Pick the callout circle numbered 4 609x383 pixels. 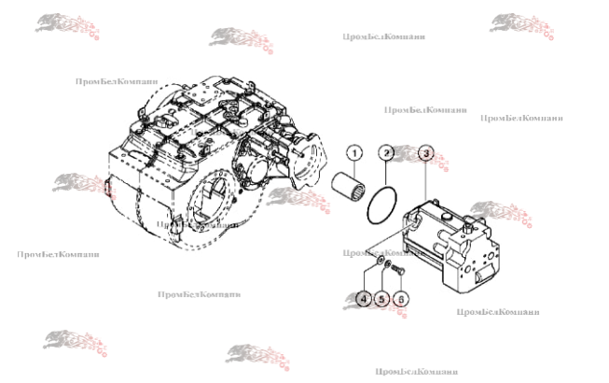(x=364, y=299)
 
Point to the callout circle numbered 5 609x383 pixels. (x=382, y=299)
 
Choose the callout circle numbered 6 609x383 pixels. (x=402, y=299)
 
